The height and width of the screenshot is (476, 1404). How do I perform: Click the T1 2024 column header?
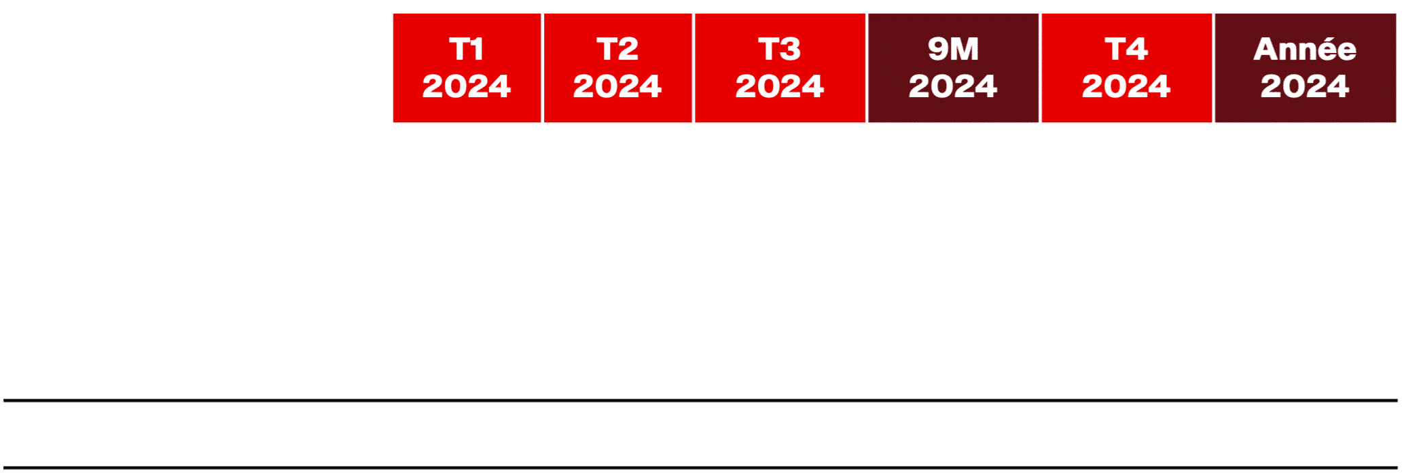tap(466, 68)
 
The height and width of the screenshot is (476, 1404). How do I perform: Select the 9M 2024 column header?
tap(952, 68)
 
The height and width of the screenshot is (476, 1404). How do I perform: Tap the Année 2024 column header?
tap(1304, 68)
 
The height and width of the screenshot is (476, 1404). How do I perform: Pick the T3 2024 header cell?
tap(779, 68)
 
